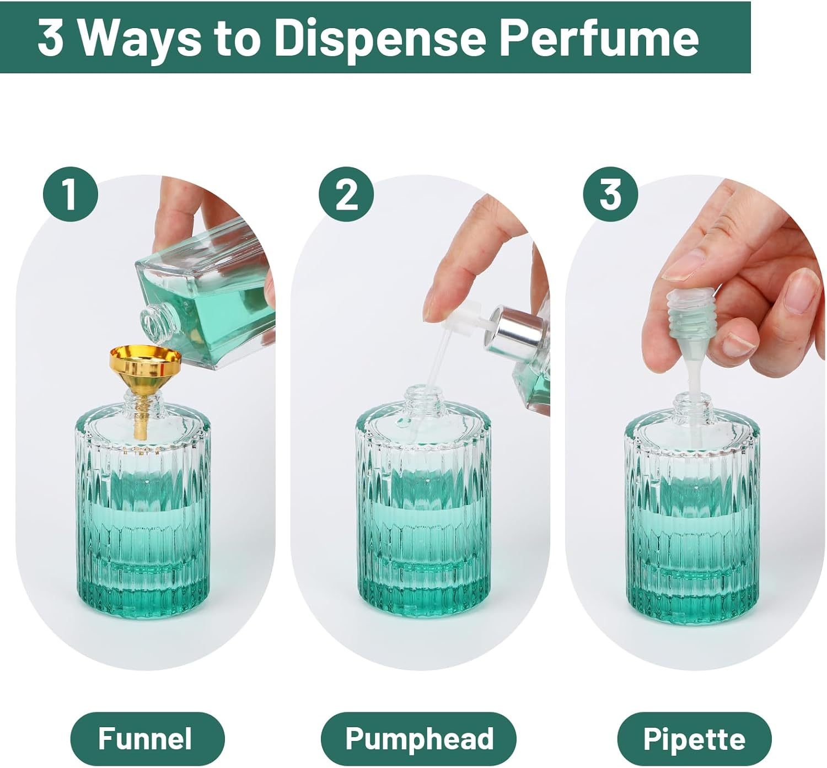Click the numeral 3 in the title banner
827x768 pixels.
50,37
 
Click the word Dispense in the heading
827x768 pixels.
380,37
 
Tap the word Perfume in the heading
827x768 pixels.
599,37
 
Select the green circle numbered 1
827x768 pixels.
70,194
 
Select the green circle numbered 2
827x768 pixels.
346,194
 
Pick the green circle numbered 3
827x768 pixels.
610,194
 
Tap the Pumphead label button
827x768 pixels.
418,738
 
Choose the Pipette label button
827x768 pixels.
694,738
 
